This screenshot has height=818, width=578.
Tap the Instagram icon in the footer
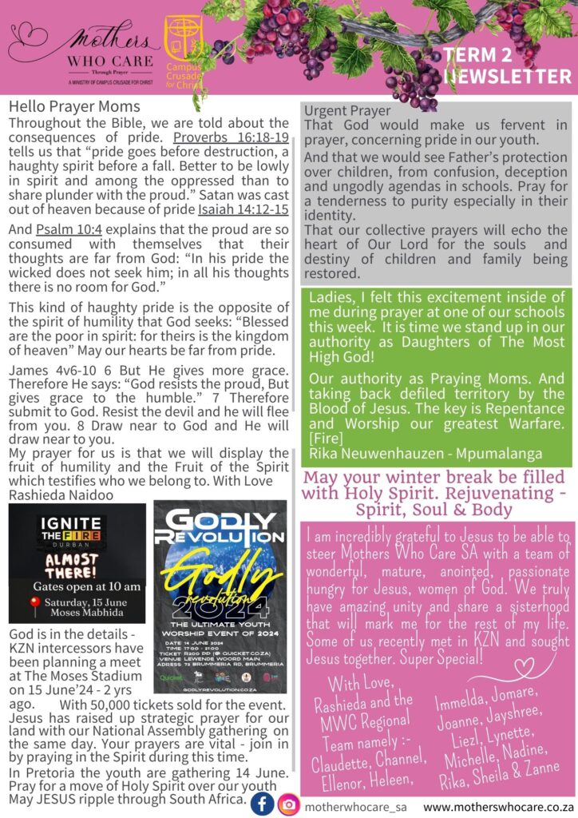click(x=288, y=804)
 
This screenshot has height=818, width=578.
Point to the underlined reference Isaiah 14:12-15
click(x=243, y=210)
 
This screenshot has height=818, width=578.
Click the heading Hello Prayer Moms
click(x=74, y=106)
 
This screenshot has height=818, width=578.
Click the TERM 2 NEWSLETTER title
click(x=507, y=66)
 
